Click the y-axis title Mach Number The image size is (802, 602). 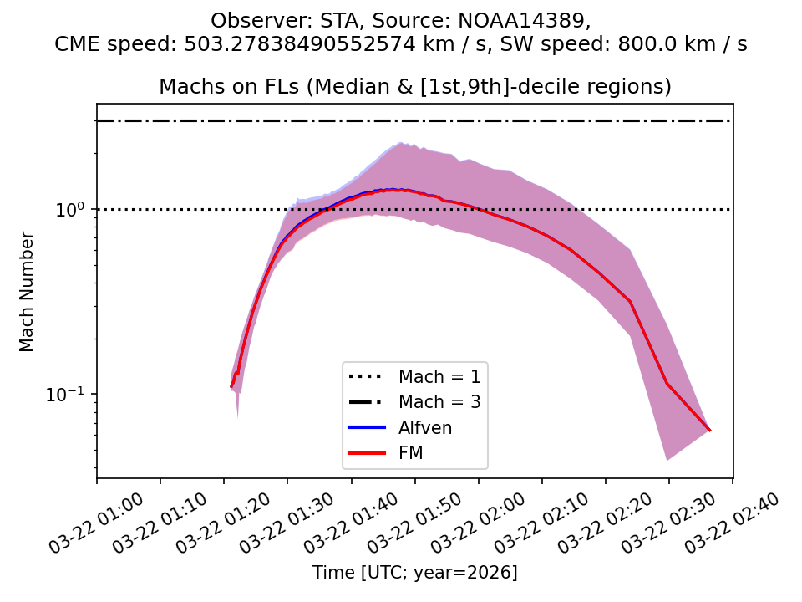pos(27,292)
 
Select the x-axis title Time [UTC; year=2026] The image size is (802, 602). pos(415,573)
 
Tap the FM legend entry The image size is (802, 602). pos(413,453)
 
